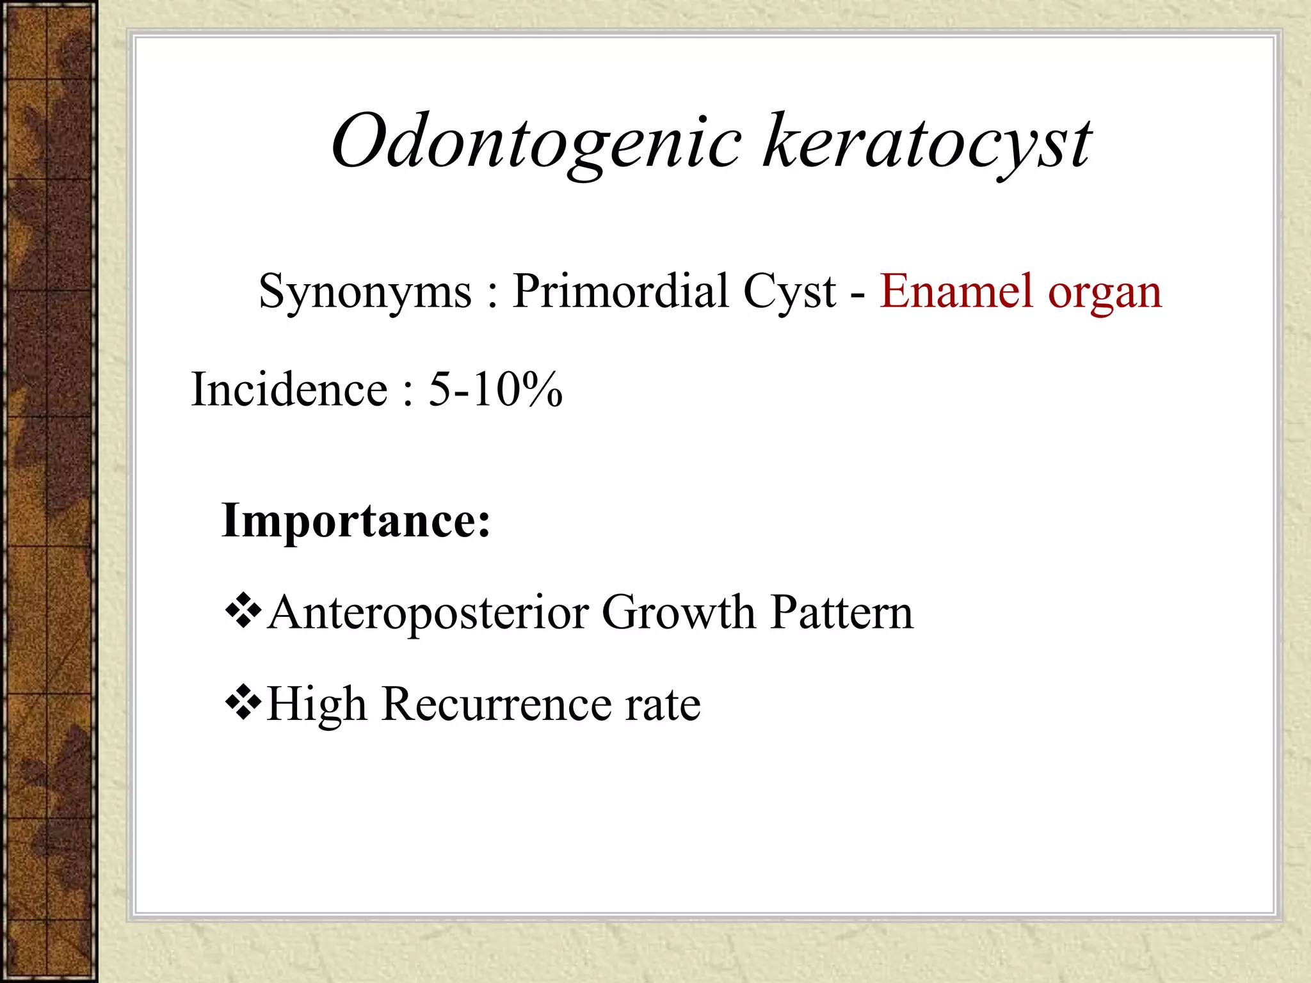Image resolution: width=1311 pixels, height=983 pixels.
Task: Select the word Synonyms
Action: (365, 292)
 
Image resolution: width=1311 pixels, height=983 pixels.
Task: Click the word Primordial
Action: (619, 291)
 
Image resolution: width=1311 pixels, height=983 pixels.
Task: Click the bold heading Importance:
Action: (355, 521)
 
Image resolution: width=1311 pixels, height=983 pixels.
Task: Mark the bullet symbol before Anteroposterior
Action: (243, 611)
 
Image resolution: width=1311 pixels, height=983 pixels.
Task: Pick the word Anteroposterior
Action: (428, 613)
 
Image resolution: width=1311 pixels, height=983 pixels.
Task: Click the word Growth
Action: (678, 613)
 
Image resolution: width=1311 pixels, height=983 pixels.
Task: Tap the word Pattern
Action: (841, 612)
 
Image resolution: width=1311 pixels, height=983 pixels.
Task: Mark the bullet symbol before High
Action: (243, 703)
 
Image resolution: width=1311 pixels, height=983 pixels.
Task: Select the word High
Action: (317, 705)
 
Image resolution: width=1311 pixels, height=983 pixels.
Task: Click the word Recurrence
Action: (496, 705)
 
